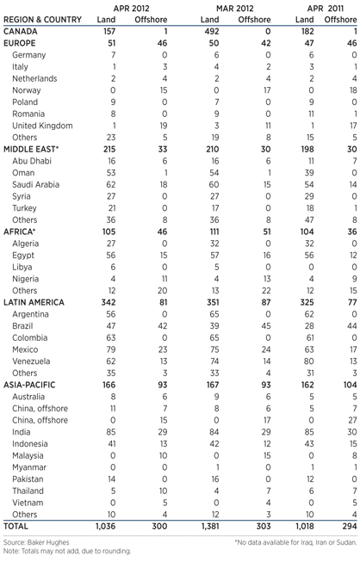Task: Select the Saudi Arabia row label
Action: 37,184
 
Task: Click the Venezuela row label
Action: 32,338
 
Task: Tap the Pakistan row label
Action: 30,478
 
